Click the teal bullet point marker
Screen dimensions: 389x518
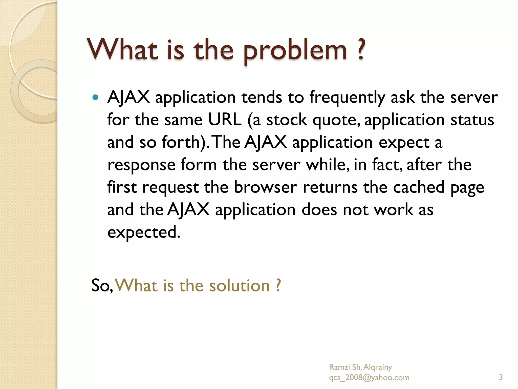[x=95, y=97]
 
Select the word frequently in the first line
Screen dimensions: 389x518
[x=347, y=98]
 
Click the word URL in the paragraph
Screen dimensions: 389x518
[x=225, y=120]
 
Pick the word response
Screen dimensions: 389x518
[x=141, y=165]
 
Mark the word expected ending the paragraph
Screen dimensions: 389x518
[x=144, y=233]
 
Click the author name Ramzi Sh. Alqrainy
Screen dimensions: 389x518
[x=360, y=367]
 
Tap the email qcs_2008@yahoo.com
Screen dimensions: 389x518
[x=369, y=378]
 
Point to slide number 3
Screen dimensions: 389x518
[x=501, y=377]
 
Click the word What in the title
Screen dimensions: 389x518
[x=123, y=50]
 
